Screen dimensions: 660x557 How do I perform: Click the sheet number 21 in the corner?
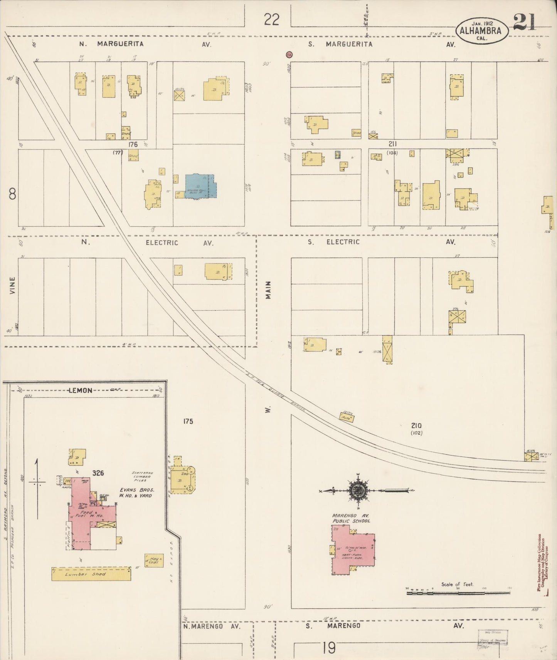click(525, 23)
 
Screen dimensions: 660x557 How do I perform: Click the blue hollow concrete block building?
click(201, 186)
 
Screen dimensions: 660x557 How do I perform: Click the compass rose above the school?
click(359, 490)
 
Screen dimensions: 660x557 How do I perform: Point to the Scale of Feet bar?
click(458, 593)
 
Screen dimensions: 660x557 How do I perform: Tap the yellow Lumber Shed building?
click(91, 574)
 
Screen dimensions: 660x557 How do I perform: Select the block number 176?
click(133, 144)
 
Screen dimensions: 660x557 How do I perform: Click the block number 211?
click(393, 144)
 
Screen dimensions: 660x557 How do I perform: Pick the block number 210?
click(416, 425)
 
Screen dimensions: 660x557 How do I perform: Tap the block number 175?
click(188, 421)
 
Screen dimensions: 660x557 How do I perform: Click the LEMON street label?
click(80, 390)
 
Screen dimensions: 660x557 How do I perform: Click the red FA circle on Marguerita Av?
click(289, 55)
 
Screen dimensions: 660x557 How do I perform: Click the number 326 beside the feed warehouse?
click(98, 473)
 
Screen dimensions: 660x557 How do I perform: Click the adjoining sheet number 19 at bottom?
click(329, 648)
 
